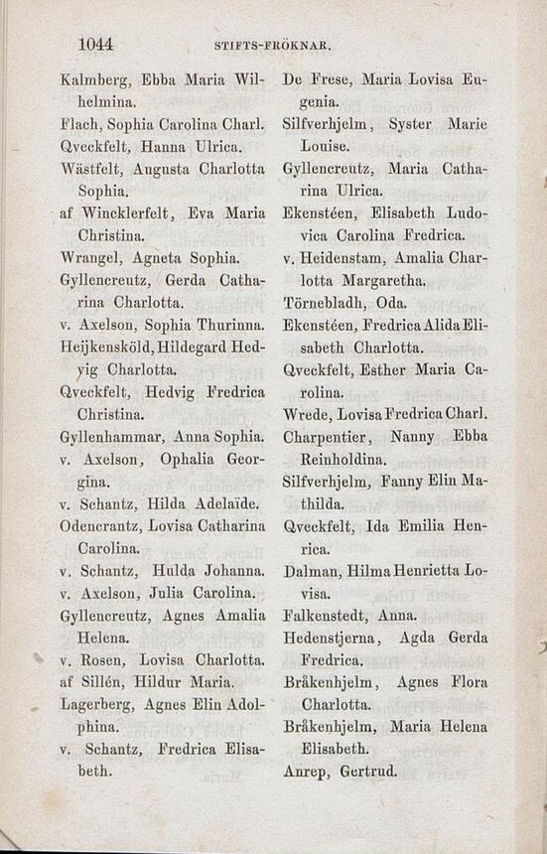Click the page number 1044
coord(95,44)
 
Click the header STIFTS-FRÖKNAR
coord(272,46)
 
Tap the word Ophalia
coord(180,460)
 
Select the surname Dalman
coord(313,573)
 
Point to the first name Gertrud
coord(369,770)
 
